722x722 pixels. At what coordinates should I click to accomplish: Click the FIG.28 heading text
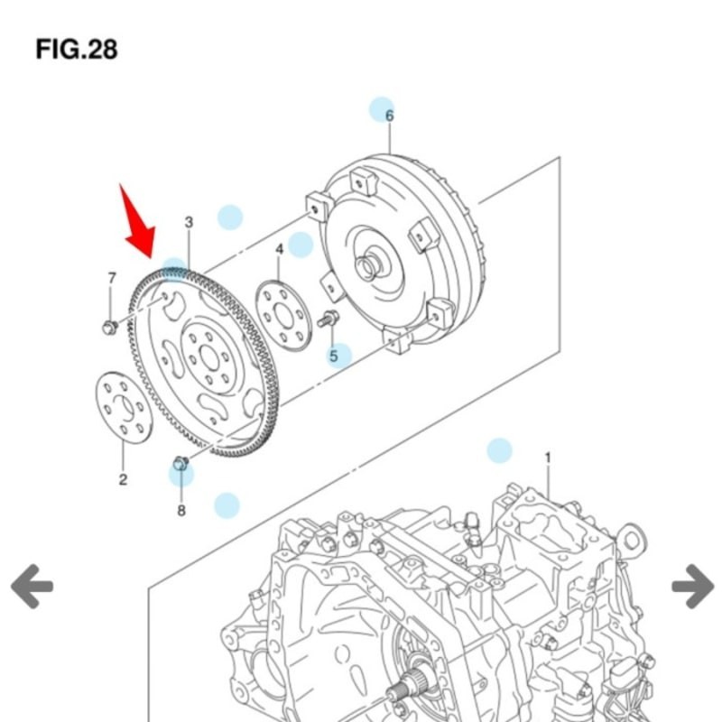77,49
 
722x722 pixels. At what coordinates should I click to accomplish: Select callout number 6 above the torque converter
390,116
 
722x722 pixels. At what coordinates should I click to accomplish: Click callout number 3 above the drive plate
189,222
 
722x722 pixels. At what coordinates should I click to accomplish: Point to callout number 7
112,277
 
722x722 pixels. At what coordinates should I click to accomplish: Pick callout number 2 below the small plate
123,479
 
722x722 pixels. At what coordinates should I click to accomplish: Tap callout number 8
181,510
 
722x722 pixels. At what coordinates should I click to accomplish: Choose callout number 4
280,248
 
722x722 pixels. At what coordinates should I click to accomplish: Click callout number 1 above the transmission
547,458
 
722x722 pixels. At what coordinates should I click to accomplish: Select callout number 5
333,356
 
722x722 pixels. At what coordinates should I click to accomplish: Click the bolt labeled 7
110,326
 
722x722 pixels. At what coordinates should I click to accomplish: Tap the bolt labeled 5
329,319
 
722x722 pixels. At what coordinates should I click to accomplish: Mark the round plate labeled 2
124,408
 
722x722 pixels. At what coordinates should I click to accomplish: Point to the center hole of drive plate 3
209,356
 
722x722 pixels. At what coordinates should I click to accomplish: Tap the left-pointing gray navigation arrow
32,586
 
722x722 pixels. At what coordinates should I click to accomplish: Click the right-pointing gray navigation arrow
692,586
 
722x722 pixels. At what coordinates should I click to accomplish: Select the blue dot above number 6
382,109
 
